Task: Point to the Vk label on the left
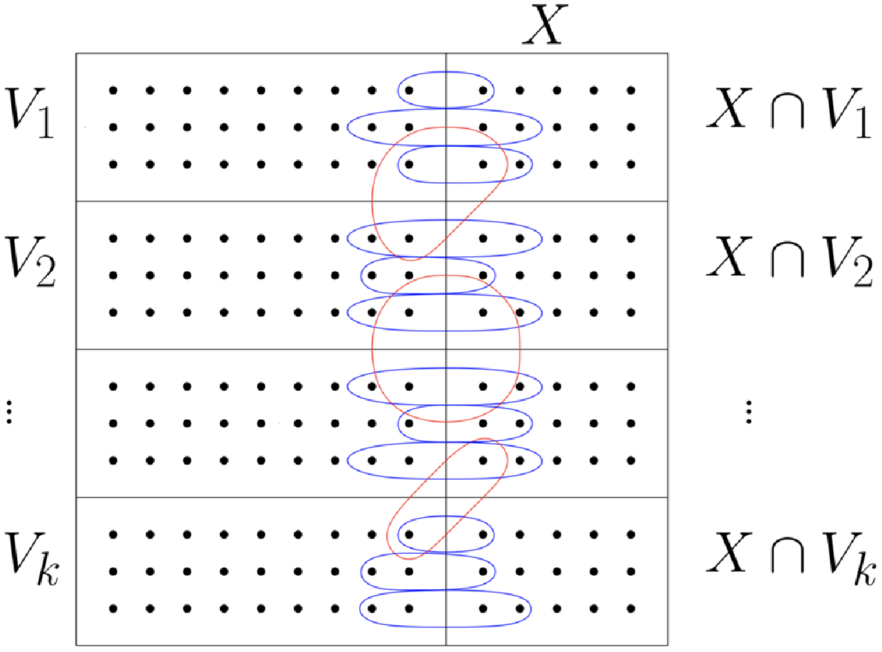pos(32,561)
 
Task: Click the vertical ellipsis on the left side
pos(9,411)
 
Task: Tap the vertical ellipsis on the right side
pos(749,411)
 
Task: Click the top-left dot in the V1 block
pos(113,90)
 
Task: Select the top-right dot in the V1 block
pos(631,90)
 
